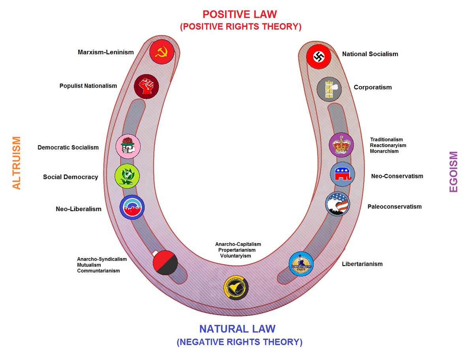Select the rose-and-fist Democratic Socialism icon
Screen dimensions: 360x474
pos(128,146)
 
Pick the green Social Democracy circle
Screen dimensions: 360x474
pos(126,176)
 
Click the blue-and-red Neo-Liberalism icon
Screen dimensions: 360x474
pos(132,207)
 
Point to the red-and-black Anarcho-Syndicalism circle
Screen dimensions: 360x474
pos(165,262)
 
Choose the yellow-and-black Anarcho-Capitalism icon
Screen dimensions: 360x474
pos(236,287)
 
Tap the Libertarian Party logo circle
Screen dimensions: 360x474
pos(301,264)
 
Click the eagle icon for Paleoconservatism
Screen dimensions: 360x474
pos(338,204)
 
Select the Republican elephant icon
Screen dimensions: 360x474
pos(342,174)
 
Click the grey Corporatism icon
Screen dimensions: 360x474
pos(329,89)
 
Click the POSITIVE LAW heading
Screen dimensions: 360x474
pos(240,15)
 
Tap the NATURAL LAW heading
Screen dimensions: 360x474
pos(237,329)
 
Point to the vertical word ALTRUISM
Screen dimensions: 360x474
pos(17,163)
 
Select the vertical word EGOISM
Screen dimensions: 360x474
pos(453,172)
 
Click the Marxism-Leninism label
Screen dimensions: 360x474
pos(106,52)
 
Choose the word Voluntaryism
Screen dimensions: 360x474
pos(235,256)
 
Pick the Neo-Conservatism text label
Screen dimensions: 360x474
pos(397,176)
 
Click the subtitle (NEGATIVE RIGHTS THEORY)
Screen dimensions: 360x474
pos(240,342)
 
